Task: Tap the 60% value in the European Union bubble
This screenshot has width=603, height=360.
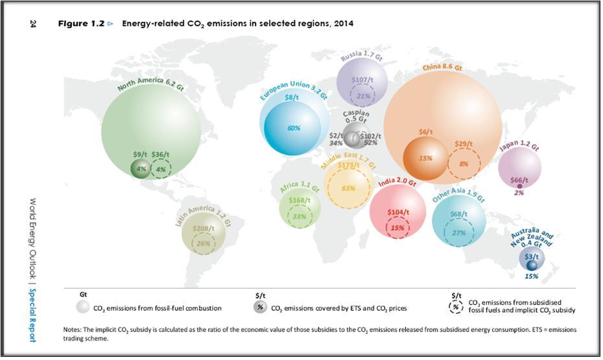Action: coord(294,128)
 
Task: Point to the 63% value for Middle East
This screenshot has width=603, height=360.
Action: coord(348,188)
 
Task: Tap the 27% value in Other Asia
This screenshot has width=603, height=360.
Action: coord(458,232)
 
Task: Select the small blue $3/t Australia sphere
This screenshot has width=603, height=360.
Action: coord(532,265)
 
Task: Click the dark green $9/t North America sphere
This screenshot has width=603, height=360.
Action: coord(140,168)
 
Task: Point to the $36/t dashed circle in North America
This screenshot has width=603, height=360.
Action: coord(160,169)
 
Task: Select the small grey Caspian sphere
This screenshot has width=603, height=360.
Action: coord(353,137)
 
